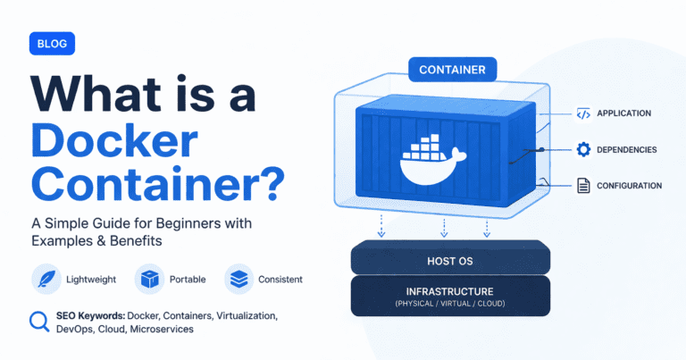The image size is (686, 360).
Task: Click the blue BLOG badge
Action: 52,43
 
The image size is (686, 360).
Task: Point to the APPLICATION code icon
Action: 582,113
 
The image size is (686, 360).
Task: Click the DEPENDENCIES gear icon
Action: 582,149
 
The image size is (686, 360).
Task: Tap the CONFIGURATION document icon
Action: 582,186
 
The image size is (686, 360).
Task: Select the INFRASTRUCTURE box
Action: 449,296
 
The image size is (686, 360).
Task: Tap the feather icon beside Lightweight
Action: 45,279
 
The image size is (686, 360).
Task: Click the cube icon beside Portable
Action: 148,279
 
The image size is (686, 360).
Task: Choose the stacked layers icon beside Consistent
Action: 238,279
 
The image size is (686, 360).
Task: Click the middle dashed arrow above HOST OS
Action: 443,228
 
